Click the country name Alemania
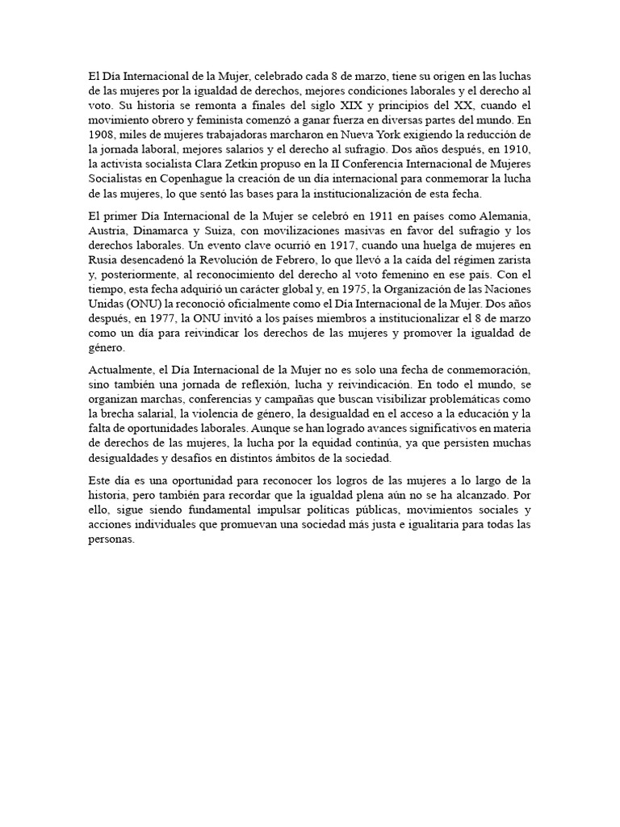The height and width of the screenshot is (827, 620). pyautogui.click(x=506, y=215)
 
